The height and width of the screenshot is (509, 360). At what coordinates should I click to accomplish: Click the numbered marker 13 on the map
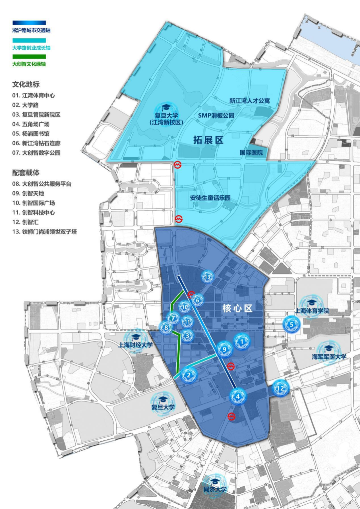click(x=207, y=277)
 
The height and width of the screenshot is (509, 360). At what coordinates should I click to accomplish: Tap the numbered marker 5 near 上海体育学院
click(x=291, y=324)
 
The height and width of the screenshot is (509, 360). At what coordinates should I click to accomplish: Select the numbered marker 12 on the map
click(x=281, y=388)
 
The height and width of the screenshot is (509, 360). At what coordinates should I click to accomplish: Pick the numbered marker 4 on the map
click(x=238, y=396)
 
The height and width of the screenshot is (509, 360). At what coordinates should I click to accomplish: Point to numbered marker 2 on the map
click(x=189, y=375)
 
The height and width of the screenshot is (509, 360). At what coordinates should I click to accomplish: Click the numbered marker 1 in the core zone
click(x=242, y=341)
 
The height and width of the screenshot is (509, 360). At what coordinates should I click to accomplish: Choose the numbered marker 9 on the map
click(x=224, y=349)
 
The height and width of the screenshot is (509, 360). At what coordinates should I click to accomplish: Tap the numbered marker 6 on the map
click(x=197, y=300)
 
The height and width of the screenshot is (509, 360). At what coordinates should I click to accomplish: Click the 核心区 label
click(x=237, y=308)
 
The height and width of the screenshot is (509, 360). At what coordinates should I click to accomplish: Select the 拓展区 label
click(x=208, y=140)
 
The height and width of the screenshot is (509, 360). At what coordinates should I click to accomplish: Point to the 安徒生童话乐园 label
click(x=210, y=198)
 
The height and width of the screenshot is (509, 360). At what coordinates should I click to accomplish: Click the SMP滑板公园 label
click(x=216, y=115)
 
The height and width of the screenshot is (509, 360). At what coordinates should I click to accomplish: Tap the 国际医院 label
click(x=251, y=153)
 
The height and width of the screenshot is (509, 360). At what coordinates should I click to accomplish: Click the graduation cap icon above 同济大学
click(x=215, y=481)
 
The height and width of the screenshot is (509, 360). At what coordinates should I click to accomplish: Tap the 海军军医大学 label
click(x=329, y=357)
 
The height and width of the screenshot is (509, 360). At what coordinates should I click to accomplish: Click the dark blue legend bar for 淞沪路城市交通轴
click(x=29, y=23)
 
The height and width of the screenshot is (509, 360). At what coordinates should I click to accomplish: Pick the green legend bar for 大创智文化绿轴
click(x=29, y=57)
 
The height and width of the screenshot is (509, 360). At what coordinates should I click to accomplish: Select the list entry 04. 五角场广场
click(x=31, y=124)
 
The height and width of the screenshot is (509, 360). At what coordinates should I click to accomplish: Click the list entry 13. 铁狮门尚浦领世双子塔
click(x=45, y=232)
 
